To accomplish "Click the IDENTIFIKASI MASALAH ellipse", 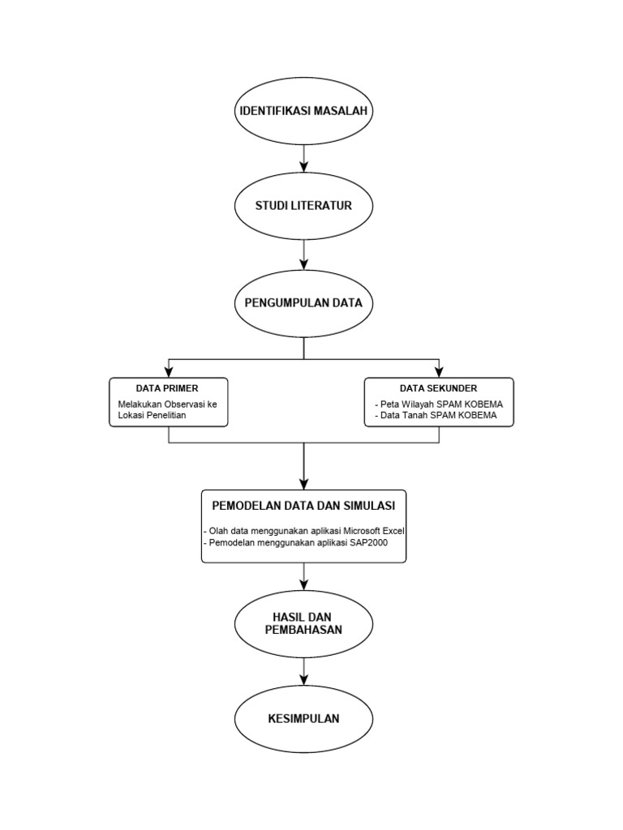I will (304, 112).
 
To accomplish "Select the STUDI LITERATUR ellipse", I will (304, 206).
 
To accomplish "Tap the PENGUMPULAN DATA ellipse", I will (304, 303).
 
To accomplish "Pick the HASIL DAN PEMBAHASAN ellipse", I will (304, 623).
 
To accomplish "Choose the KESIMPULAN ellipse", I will (304, 718).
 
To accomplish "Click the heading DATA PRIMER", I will (167, 388).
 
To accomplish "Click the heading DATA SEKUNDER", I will (438, 388).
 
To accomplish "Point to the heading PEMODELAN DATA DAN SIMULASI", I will (303, 506).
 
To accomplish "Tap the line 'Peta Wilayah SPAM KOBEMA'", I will (439, 404).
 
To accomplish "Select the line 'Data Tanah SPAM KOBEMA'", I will (436, 416).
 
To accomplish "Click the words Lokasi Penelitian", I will (153, 416).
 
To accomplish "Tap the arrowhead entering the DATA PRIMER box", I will (169, 372).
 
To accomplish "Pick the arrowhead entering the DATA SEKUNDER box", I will (439, 372).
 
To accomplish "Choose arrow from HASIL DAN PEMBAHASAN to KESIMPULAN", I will (304, 670).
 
